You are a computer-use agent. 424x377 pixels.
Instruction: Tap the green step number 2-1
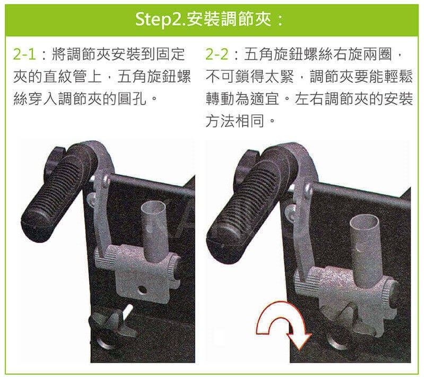pos(24,54)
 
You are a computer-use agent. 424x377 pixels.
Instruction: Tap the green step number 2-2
pos(217,54)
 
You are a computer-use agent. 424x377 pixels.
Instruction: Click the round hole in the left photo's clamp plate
pos(142,290)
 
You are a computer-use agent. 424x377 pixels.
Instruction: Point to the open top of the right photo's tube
pos(364,221)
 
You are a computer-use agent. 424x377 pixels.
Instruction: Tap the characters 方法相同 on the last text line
pos(235,121)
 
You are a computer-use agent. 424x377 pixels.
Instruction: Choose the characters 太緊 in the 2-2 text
pos(280,76)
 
